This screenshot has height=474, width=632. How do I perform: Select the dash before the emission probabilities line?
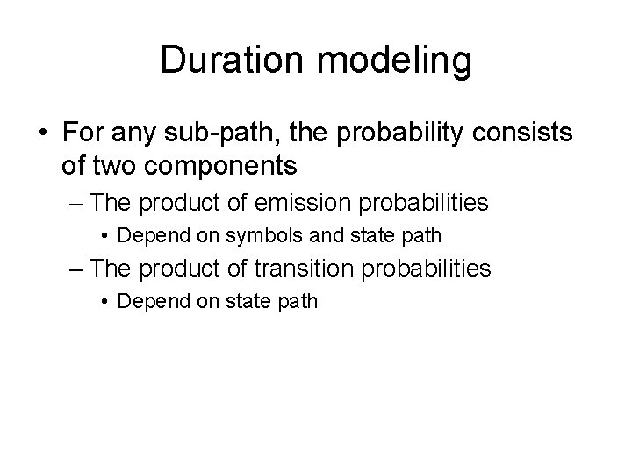[x=77, y=203]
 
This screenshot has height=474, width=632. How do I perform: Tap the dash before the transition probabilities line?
[x=77, y=269]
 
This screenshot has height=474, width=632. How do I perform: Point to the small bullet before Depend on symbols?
[x=105, y=235]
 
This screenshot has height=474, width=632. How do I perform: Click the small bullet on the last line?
[x=105, y=301]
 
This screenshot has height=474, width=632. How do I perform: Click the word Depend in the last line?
[x=145, y=301]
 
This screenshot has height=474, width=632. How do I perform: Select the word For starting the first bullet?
[x=82, y=133]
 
